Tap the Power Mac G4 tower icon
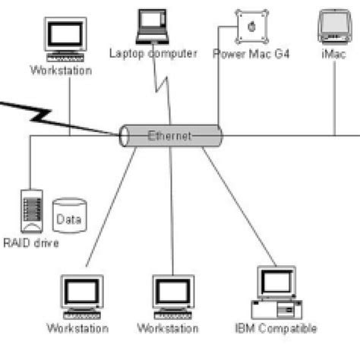251,27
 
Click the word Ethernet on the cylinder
169,137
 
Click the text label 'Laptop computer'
153,53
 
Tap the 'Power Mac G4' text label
251,54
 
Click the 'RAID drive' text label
30,243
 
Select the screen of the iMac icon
333,23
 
